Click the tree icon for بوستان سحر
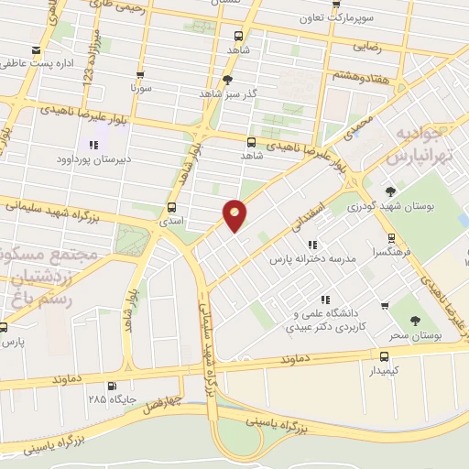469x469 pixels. pyautogui.click(x=415, y=322)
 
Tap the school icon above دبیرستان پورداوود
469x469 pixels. pyautogui.click(x=93, y=145)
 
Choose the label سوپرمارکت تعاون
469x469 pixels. pyautogui.click(x=342, y=17)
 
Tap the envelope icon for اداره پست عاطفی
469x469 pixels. pyautogui.click(x=36, y=49)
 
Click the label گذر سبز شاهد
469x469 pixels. pyautogui.click(x=228, y=93)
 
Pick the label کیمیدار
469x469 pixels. pyautogui.click(x=385, y=371)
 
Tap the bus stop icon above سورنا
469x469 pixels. pyautogui.click(x=139, y=75)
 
